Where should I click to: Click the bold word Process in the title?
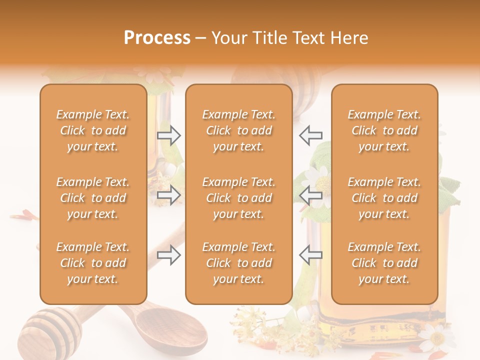point(157,38)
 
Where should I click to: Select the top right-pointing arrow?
point(168,135)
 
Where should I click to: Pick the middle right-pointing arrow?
point(168,195)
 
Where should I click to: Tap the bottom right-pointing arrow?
point(168,255)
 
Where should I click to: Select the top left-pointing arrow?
point(311,135)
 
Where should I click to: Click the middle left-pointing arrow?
point(311,195)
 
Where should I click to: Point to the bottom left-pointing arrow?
point(311,255)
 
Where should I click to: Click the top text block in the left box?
point(93,130)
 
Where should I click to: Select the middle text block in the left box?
point(93,198)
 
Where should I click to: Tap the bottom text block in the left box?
point(93,263)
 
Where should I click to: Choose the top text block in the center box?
point(238,130)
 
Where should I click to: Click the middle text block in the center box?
point(238,198)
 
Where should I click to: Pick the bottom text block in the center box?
point(238,263)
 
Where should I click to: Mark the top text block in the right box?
point(384,130)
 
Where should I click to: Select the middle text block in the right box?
point(384,198)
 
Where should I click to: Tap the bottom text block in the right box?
point(384,263)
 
